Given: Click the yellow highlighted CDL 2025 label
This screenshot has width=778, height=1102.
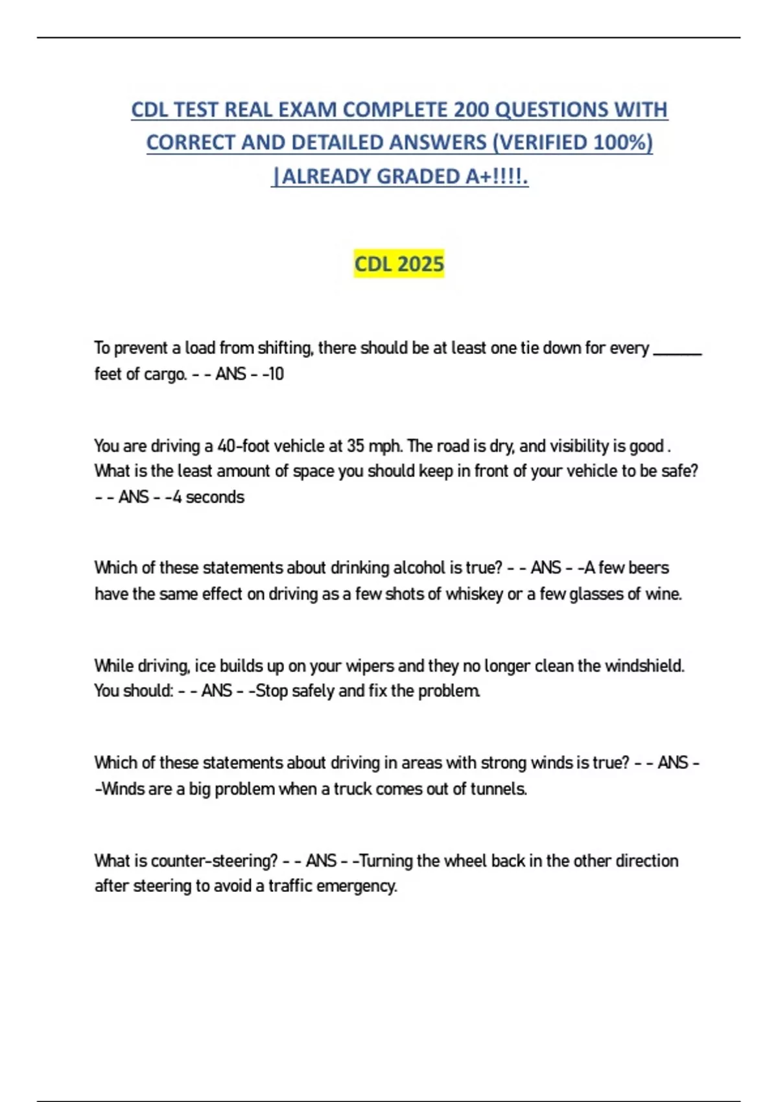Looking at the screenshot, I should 399,264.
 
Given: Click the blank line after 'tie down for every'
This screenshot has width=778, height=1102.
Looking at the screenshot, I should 678,350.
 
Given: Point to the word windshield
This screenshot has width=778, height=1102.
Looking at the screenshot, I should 644,666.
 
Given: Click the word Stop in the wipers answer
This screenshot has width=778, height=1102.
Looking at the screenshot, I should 272,691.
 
